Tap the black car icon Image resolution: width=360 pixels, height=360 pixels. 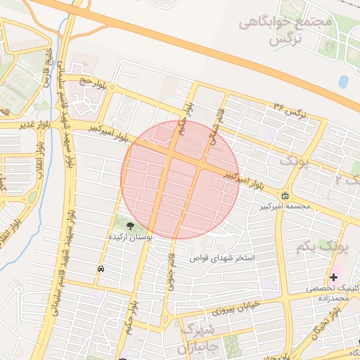[101, 269]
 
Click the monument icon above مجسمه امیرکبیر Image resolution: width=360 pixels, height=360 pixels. [284, 195]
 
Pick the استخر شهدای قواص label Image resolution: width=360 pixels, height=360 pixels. [225, 258]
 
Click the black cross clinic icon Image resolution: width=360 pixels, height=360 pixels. [333, 277]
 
